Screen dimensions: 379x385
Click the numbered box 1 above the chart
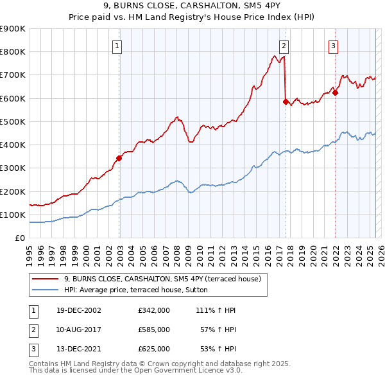pyautogui.click(x=119, y=46)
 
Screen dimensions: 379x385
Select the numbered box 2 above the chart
pyautogui.click(x=284, y=46)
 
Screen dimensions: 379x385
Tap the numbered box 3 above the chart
pyautogui.click(x=334, y=46)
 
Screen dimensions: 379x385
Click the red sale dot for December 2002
pyautogui.click(x=119, y=158)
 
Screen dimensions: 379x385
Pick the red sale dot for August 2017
pyautogui.click(x=286, y=101)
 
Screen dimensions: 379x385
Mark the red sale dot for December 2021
pyautogui.click(x=335, y=92)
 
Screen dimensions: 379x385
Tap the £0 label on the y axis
pyautogui.click(x=19, y=238)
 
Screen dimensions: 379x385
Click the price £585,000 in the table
pyautogui.click(x=153, y=330)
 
